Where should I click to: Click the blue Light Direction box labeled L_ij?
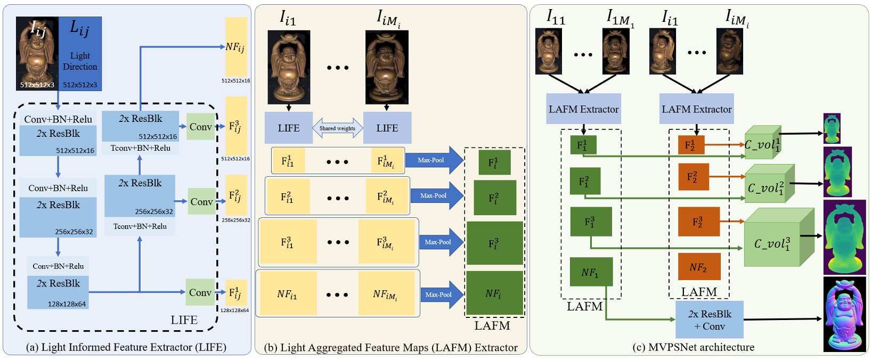point(80,53)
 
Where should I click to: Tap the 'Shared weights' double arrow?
point(337,128)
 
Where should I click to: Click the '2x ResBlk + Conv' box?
point(709,320)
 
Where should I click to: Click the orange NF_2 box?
point(699,267)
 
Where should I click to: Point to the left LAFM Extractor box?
point(583,109)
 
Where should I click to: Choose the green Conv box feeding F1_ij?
point(200,292)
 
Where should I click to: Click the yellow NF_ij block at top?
point(236,47)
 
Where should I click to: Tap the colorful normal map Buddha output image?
point(844,314)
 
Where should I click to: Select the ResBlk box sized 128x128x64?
point(58,292)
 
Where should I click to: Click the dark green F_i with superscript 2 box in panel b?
point(494,198)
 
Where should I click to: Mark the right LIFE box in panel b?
point(387,128)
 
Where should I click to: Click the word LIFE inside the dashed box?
point(184,320)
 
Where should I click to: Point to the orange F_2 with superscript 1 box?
point(691,145)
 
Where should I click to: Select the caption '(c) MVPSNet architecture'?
point(693,347)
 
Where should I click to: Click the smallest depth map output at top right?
point(832,128)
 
